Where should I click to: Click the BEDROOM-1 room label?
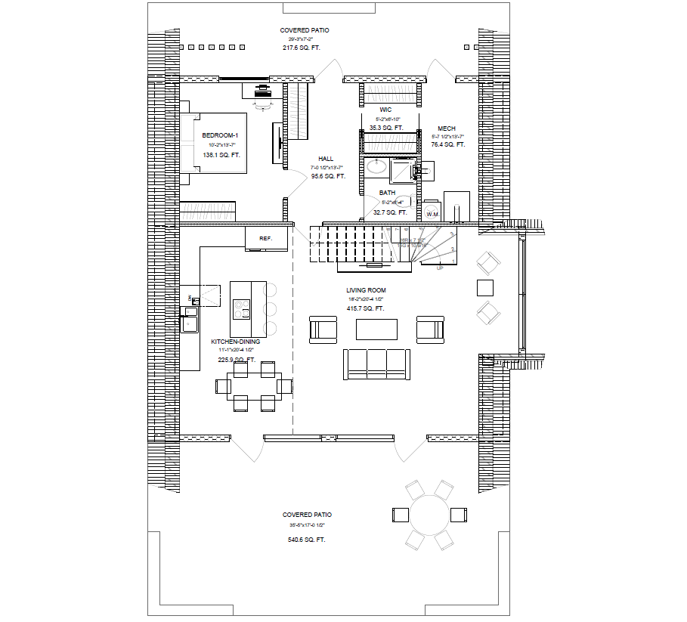click(x=221, y=135)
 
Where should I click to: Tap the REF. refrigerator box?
click(x=266, y=238)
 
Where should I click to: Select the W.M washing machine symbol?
click(x=432, y=214)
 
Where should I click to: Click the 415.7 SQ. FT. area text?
click(x=366, y=309)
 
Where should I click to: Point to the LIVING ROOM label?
click(x=366, y=290)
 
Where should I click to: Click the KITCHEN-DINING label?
click(x=235, y=342)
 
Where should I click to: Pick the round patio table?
click(x=429, y=515)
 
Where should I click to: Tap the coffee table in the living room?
click(x=376, y=330)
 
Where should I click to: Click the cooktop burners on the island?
click(x=242, y=309)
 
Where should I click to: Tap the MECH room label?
click(x=446, y=128)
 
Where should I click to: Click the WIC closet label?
click(x=385, y=110)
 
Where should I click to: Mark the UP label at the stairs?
click(x=440, y=268)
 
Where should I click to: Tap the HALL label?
click(x=326, y=159)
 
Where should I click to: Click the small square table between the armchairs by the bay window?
click(x=484, y=288)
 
